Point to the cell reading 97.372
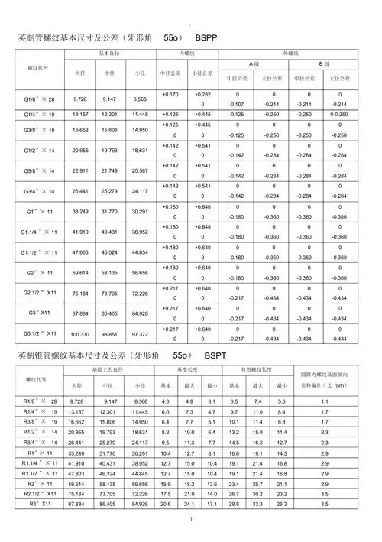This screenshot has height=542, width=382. tap(140, 334)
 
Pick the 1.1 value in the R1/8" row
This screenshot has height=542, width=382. tap(324, 401)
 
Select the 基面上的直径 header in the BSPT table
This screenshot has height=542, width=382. tap(107, 370)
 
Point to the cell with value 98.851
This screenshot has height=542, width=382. tap(110, 334)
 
